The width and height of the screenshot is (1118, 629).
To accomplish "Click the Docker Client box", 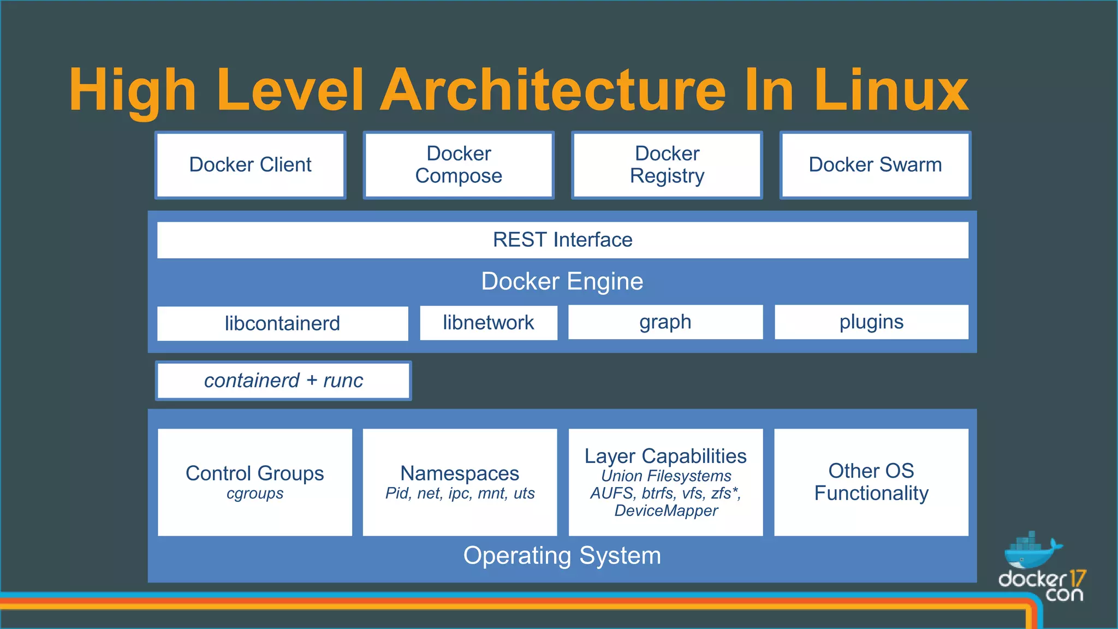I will [250, 165].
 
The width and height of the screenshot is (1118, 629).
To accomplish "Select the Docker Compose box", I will [459, 165].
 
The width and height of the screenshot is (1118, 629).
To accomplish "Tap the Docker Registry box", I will [667, 165].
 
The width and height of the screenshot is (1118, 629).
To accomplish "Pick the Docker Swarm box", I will [875, 165].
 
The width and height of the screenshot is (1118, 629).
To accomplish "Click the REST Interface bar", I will [562, 240].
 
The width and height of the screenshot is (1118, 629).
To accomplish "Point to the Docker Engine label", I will [562, 282].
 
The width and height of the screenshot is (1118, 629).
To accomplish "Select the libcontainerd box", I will [282, 323].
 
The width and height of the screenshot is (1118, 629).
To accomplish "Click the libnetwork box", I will [488, 323].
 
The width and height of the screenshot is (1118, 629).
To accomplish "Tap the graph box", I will [665, 322].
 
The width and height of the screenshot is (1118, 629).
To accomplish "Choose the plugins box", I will [871, 322].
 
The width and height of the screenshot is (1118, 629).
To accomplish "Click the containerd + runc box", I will [283, 381].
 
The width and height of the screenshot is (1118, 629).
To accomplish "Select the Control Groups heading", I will [254, 473].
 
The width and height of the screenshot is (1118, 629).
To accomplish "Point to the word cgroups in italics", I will [255, 494].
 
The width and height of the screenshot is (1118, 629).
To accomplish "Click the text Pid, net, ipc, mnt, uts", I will [460, 494].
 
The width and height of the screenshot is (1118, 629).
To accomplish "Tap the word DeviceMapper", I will [666, 511].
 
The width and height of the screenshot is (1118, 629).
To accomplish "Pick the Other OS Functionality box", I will [871, 482].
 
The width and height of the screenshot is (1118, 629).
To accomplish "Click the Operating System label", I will [562, 556].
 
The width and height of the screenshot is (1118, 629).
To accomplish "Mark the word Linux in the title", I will [891, 90].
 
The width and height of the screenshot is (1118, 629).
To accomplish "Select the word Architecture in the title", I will [553, 90].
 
